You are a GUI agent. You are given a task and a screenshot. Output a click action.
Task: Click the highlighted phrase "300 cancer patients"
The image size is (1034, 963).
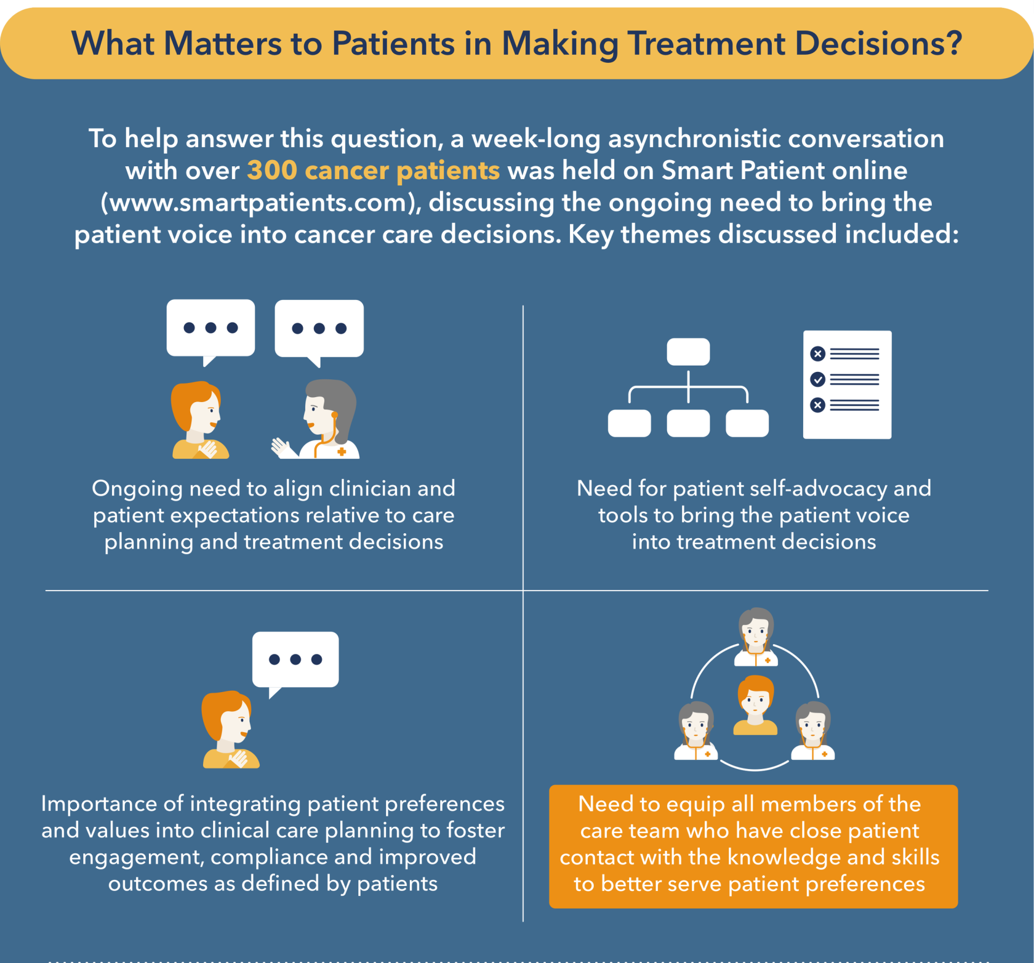pos(374,171)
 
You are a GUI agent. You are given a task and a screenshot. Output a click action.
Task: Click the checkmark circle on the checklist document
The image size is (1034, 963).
pos(817,379)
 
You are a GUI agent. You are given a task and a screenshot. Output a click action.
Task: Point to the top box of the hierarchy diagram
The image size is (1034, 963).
pos(688,352)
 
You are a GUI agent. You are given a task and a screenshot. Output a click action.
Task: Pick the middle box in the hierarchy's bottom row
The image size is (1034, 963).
pos(688,423)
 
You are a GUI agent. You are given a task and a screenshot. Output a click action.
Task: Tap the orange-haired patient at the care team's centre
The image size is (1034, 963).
pos(755,705)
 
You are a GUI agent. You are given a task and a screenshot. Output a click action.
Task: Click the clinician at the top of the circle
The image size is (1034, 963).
pos(756,637)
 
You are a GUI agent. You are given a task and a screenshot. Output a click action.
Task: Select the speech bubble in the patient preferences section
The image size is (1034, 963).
pos(295,663)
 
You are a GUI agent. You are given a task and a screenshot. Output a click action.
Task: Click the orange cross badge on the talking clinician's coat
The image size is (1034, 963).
pos(342,452)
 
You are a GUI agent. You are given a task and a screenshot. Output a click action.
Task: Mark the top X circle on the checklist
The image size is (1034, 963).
pos(817,353)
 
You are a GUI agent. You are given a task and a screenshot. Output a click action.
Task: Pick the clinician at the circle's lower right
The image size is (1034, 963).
pos(812,731)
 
